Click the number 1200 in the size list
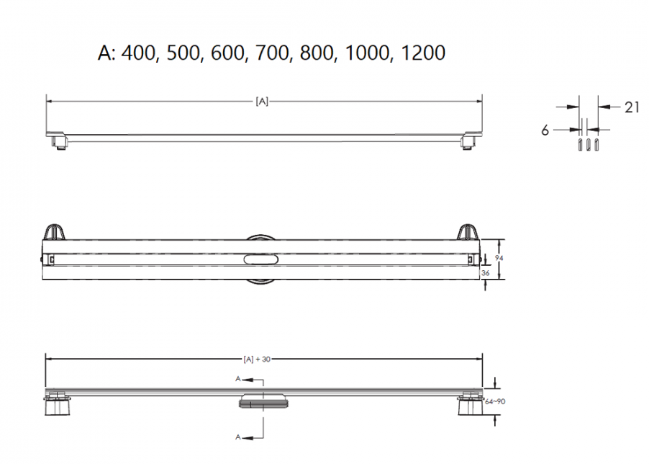tap(423, 53)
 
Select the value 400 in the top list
tap(138, 53)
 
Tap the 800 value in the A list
tap(317, 53)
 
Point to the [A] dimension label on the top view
tap(262, 101)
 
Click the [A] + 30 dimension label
tap(257, 360)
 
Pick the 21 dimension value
tap(632, 107)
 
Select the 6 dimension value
tap(545, 130)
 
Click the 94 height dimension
tap(499, 258)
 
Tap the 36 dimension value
tap(485, 273)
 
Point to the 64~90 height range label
tap(494, 401)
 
